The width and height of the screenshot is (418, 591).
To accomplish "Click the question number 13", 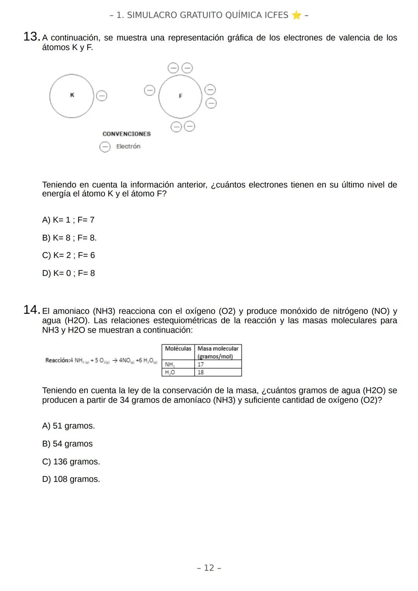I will pos(31,37).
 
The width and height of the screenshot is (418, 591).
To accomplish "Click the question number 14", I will pos(31,310).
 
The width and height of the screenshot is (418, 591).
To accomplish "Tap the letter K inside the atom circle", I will pos(72,95).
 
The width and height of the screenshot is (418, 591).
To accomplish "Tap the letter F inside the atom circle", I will pos(180,96).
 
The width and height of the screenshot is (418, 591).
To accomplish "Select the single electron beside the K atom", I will pos(101,96).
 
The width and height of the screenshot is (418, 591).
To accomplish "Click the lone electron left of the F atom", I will pos(149,91).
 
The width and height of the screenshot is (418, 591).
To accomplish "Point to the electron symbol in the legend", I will pos(105,147).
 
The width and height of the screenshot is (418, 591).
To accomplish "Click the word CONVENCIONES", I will pos(127,134).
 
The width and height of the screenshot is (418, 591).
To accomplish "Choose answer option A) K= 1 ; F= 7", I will pos(68,220).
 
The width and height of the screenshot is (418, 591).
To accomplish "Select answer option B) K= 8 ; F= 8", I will pos(69,238).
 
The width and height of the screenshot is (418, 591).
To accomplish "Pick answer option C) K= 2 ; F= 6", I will pos(69,255).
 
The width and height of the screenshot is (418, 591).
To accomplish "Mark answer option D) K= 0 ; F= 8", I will pos(69,273).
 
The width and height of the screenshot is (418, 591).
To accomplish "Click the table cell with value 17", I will pos(218,364).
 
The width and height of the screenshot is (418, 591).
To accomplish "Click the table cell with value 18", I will pos(218,372).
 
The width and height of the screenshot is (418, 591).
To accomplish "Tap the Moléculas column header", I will pos(178,349).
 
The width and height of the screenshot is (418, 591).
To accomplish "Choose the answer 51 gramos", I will pos(69,426).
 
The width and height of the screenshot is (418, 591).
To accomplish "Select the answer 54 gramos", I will pos(67,444).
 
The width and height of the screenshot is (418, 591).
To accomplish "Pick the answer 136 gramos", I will pos(71,461).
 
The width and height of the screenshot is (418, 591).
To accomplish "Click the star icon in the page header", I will pos(296,15).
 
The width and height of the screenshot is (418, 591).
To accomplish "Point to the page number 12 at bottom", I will pos(209,568).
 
